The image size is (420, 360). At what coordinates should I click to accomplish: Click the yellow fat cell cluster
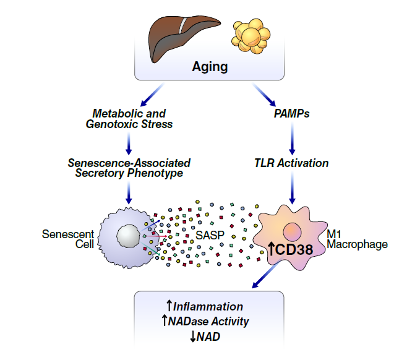251,36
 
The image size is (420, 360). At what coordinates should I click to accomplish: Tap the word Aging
210,66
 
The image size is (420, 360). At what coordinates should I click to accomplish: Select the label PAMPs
291,114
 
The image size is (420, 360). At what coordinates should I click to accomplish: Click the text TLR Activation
291,163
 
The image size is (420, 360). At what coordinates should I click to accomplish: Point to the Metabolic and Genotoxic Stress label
129,119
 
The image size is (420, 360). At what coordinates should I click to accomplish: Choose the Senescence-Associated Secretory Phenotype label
129,168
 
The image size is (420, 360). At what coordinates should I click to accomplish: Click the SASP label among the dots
210,236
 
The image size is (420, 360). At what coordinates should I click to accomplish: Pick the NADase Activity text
208,322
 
